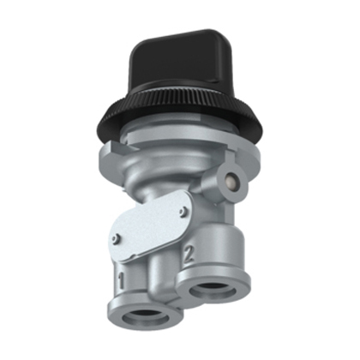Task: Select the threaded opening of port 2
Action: point(212,290)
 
